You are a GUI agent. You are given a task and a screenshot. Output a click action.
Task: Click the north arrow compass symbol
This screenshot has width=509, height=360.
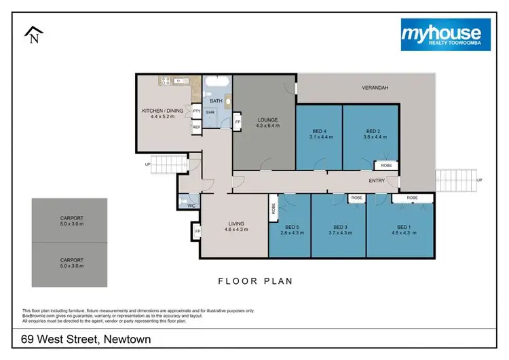point(33,35)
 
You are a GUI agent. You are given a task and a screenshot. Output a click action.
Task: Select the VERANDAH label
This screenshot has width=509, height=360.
point(374,88)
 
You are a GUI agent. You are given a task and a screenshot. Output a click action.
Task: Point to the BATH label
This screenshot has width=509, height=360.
point(216,101)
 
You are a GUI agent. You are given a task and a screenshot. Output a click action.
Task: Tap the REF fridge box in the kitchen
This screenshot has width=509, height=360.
point(196,127)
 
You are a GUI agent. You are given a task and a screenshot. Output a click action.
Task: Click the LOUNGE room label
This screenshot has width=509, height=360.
point(267,120)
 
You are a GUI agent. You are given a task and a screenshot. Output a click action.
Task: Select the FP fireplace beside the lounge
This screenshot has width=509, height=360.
point(238,122)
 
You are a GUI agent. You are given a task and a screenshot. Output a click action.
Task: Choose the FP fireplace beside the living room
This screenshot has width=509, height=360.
point(197,232)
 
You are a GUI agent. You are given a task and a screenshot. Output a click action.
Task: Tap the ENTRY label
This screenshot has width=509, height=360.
point(377,181)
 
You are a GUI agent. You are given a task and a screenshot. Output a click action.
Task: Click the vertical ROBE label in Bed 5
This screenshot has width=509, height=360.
point(272,210)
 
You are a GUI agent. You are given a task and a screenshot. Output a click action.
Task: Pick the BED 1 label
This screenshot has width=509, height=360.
point(403,227)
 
